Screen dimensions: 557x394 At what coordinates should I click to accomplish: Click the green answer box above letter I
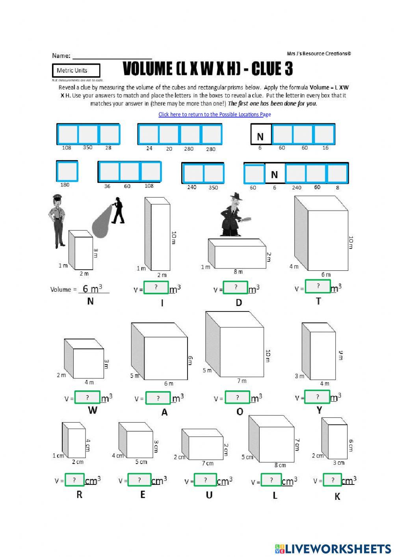[x=156, y=288]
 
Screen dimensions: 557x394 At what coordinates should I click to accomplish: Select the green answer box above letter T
[x=318, y=286]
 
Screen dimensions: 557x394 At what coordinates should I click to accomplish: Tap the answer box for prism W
[x=87, y=397]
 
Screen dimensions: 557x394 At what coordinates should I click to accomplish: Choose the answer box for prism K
[x=332, y=480]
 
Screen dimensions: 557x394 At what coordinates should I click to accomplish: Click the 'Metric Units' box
[x=76, y=71]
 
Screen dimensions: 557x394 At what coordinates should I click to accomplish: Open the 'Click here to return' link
[x=214, y=114]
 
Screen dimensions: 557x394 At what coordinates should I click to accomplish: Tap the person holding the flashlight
[x=117, y=210]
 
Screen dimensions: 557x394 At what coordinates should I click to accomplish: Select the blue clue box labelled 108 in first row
[x=67, y=134]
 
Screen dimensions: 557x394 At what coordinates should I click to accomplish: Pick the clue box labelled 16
[x=324, y=134]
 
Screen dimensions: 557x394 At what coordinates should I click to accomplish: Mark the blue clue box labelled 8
[x=337, y=174]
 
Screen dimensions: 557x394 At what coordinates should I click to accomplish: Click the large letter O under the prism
[x=240, y=412]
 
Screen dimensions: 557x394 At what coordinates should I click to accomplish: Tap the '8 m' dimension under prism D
[x=238, y=272]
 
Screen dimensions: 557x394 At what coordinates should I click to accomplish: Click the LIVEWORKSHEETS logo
[x=333, y=548]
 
